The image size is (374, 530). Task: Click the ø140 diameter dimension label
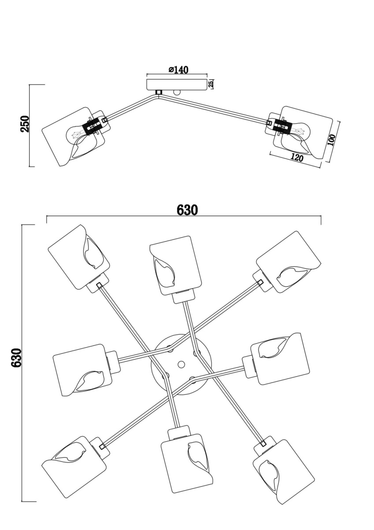point(178,70)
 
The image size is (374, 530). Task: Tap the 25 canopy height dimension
point(211,83)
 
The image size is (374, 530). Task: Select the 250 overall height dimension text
point(25,124)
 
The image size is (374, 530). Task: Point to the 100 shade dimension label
point(332,140)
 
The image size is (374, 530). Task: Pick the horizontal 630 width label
point(187,210)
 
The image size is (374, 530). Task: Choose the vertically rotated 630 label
point(16,358)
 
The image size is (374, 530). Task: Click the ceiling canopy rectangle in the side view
point(177,84)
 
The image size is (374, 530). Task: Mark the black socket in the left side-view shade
point(92,127)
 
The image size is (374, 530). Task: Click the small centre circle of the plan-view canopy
point(181,364)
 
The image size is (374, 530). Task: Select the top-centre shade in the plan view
point(175,265)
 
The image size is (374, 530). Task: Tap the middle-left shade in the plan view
point(79,370)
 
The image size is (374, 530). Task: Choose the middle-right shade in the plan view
point(280,358)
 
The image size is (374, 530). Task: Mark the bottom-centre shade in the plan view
point(187,462)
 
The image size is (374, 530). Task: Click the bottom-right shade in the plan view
point(283,470)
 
